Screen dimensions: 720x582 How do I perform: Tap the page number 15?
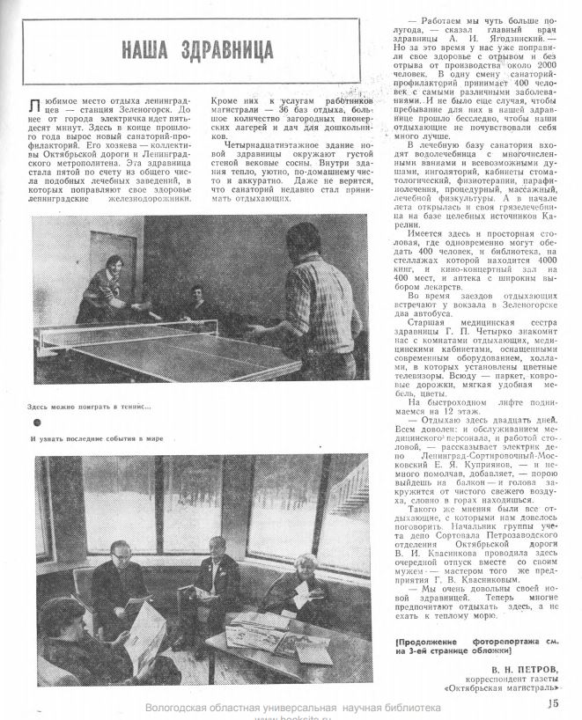pyautogui.click(x=553, y=702)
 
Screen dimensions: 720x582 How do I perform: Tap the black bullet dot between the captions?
pyautogui.click(x=32, y=422)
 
